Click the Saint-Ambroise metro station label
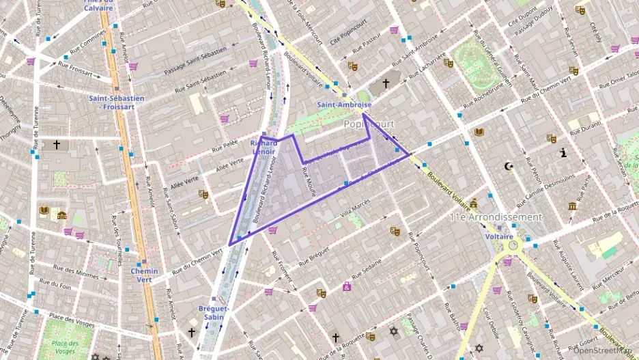[x=344, y=105]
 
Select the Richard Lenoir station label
[x=264, y=147]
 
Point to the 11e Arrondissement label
[x=496, y=217]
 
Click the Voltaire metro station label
[x=499, y=236]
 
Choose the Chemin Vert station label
[x=144, y=275]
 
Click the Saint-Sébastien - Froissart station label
[x=117, y=102]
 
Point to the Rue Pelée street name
[x=225, y=146]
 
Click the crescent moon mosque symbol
[x=507, y=166]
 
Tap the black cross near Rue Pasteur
[x=386, y=83]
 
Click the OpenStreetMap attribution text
[x=602, y=352]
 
